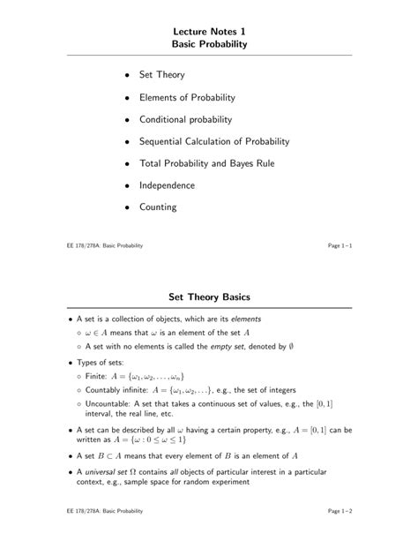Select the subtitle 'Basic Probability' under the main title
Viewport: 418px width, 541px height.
click(x=209, y=43)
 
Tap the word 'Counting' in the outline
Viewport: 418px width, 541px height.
click(x=158, y=207)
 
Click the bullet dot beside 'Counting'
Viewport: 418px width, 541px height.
click(x=127, y=208)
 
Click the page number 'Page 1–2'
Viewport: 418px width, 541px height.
click(x=340, y=511)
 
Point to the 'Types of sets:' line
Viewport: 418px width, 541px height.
click(x=101, y=363)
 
